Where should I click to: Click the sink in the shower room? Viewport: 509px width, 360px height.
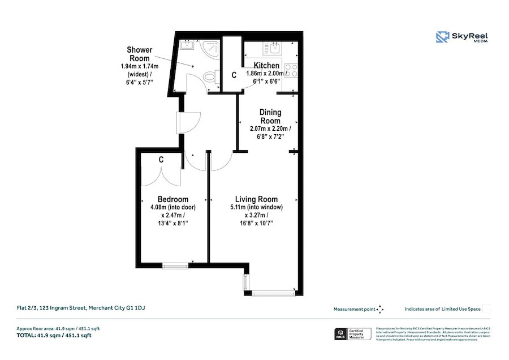pyautogui.click(x=187, y=46)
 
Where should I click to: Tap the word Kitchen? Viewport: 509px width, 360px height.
pyautogui.click(x=266, y=65)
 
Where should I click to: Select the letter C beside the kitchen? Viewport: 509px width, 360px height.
pyautogui.click(x=234, y=75)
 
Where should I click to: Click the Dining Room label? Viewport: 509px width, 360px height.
pyautogui.click(x=270, y=117)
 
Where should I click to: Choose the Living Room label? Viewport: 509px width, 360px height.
pyautogui.click(x=256, y=199)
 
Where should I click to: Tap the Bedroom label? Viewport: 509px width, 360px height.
pyautogui.click(x=172, y=199)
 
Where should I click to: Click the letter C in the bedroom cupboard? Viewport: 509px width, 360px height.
pyautogui.click(x=161, y=160)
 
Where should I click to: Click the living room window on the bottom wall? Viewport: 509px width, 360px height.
pyautogui.click(x=273, y=293)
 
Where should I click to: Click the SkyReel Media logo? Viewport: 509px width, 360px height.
pyautogui.click(x=461, y=37)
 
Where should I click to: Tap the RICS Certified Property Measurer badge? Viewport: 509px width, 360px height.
pyautogui.click(x=353, y=335)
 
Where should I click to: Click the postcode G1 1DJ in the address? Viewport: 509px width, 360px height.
pyautogui.click(x=140, y=308)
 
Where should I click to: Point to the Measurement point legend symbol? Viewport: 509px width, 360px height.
pyautogui.click(x=380, y=309)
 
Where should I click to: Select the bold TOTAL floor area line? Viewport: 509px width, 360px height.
pyautogui.click(x=54, y=336)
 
